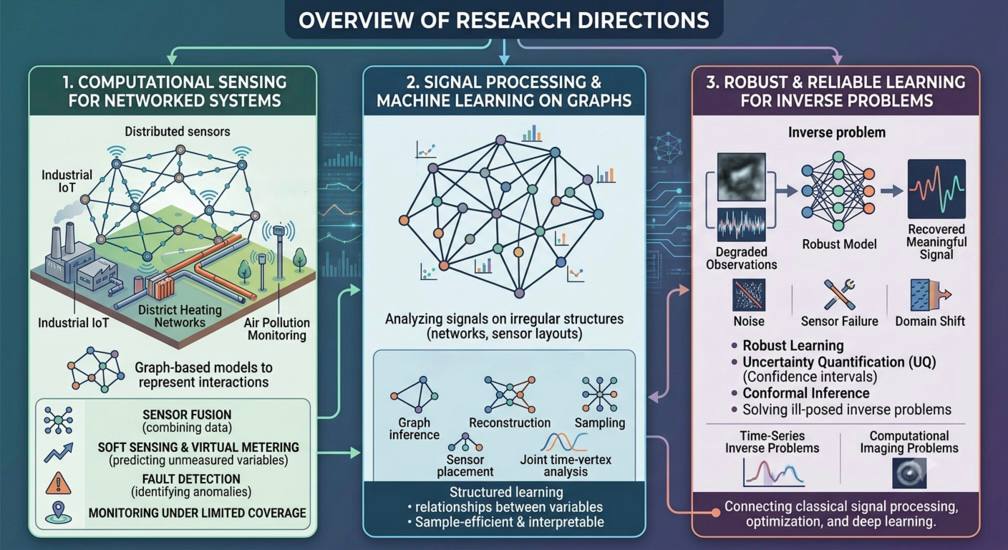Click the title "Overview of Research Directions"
[x=503, y=19]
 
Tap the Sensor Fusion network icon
[x=58, y=420]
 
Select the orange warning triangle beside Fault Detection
[x=58, y=483]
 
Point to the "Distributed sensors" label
[x=177, y=132]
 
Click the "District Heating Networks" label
[x=180, y=315]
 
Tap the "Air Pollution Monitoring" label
[x=276, y=329]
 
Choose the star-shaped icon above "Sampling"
[x=600, y=394]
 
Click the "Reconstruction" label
[x=510, y=423]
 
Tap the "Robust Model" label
[x=839, y=244]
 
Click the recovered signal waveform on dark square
[x=936, y=188]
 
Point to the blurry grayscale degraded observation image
[x=741, y=177]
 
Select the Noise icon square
[x=749, y=295]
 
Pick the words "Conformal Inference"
[x=806, y=393]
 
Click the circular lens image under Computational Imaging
[x=909, y=474]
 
